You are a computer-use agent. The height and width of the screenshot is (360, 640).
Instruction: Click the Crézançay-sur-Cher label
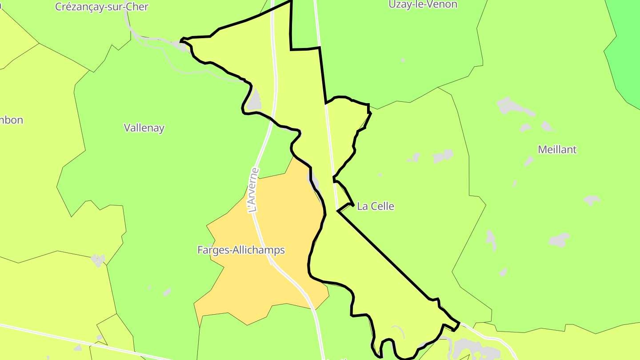[x=101, y=7]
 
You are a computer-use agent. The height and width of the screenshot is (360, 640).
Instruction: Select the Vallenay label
[x=144, y=128]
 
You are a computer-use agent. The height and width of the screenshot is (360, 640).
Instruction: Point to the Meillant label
[x=557, y=150]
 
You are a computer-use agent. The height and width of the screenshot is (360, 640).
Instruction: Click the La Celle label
[x=376, y=206]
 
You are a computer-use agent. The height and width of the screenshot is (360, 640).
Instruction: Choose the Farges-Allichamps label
[x=241, y=250]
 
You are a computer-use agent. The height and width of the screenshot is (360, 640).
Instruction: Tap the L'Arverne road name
[x=253, y=190]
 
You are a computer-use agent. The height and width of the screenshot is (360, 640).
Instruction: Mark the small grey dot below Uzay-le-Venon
[x=403, y=60]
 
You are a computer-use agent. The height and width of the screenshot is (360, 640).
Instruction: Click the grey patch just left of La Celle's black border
[x=313, y=180]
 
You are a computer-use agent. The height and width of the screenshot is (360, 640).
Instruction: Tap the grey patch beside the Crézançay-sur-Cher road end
[x=184, y=46]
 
